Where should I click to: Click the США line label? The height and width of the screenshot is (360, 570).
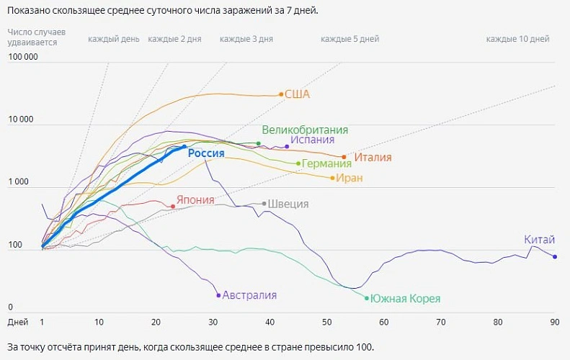(x=297, y=94)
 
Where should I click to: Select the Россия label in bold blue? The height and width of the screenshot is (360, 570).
(x=211, y=153)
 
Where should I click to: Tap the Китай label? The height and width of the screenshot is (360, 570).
(x=540, y=240)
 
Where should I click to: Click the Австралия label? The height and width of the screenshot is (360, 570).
(x=249, y=295)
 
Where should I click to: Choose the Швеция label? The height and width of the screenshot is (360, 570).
(x=288, y=204)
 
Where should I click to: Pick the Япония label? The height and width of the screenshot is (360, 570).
(x=195, y=199)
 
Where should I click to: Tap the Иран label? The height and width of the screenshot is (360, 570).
(x=349, y=178)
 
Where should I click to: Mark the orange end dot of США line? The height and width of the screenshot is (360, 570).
(x=281, y=94)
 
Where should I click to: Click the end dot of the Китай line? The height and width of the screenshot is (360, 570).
(x=555, y=257)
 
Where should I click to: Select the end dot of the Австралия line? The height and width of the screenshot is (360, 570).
(x=218, y=295)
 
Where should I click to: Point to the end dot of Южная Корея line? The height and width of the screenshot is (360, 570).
(x=367, y=298)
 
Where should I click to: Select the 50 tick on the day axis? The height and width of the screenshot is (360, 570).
(x=326, y=322)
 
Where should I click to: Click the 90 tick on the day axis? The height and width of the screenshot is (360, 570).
(x=554, y=322)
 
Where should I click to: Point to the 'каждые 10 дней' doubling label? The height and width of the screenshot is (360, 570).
(x=517, y=39)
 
